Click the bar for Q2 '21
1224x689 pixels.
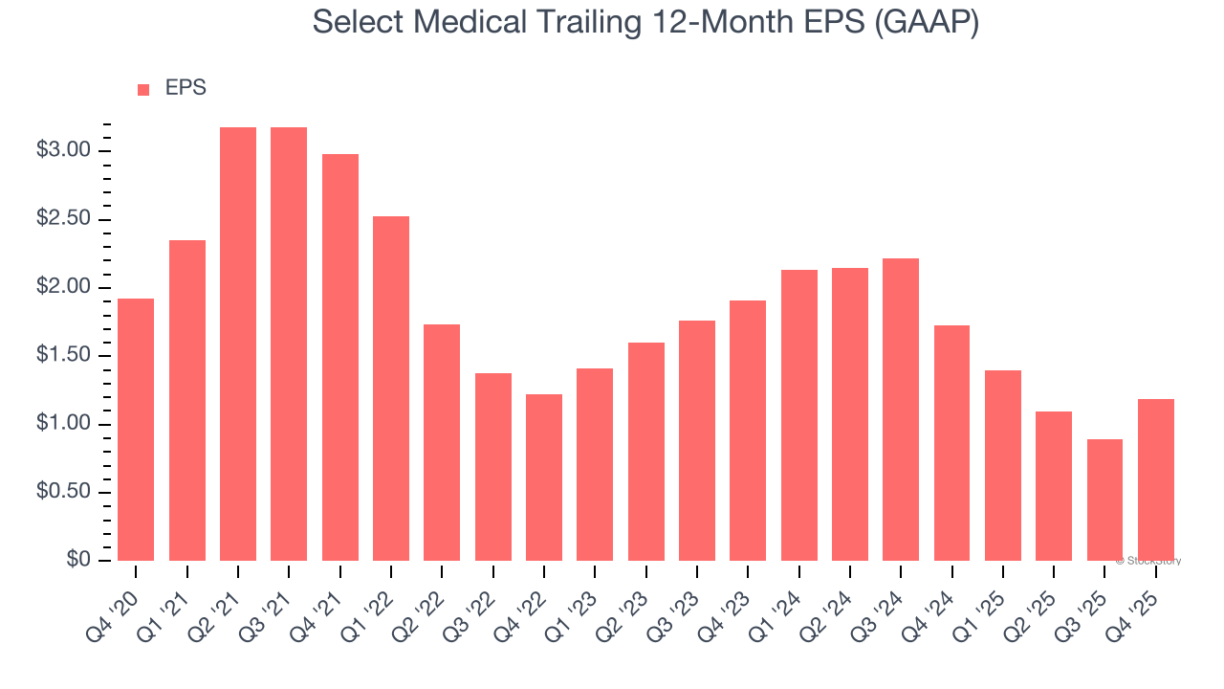[238, 344]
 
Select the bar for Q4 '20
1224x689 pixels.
[136, 430]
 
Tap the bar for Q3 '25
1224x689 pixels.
[1104, 500]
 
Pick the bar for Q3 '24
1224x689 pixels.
[901, 410]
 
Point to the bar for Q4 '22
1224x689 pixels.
[544, 478]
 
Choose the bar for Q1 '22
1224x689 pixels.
[391, 389]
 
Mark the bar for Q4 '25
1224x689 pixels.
[1155, 479]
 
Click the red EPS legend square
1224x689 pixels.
[143, 90]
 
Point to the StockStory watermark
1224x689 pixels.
[1148, 561]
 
